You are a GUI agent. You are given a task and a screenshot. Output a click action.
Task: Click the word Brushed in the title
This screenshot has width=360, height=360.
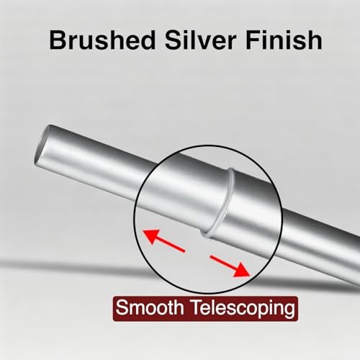(x=102, y=40)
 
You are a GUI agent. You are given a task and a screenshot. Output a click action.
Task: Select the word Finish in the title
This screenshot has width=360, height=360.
(x=284, y=40)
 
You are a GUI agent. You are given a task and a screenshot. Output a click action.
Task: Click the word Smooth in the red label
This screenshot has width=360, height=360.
(x=149, y=307)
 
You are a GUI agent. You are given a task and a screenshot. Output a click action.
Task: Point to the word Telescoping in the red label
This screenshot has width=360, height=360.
(x=243, y=310)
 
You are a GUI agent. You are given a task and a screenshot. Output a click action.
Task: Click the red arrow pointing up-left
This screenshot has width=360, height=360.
(x=163, y=240)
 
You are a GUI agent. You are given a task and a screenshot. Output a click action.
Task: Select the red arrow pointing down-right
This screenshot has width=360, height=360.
(x=230, y=266)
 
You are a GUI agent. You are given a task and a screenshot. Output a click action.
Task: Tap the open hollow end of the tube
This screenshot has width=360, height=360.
(x=41, y=145)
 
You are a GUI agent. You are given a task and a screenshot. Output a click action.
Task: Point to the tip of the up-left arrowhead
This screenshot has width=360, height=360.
(x=143, y=230)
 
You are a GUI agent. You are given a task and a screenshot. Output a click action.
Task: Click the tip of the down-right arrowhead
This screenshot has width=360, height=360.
(x=250, y=276)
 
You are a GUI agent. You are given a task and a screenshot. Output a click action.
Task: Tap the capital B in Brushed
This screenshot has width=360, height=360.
(x=58, y=40)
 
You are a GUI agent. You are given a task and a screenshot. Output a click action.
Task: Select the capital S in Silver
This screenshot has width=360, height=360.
(x=174, y=40)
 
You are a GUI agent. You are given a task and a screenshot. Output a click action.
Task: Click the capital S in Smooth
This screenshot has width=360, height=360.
(x=122, y=307)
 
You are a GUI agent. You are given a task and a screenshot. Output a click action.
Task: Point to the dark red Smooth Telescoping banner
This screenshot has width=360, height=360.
(x=205, y=309)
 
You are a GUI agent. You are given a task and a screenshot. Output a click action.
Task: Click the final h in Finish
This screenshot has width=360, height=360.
(x=315, y=40)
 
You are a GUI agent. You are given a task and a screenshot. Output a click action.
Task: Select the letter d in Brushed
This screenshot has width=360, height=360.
(x=147, y=40)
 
